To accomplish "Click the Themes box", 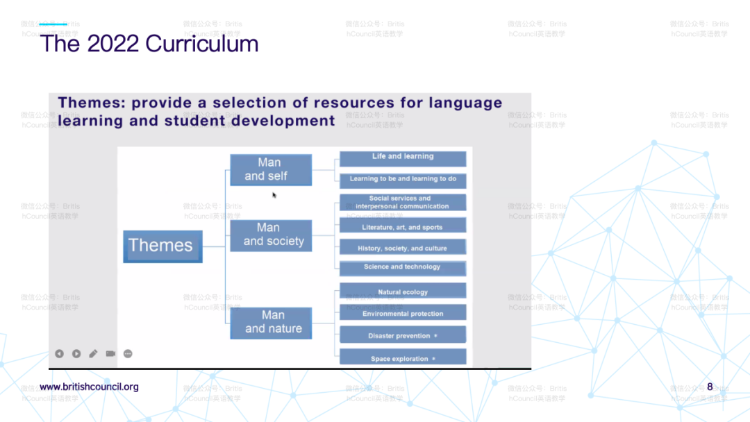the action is (x=162, y=246).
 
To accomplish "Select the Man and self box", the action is (x=270, y=170).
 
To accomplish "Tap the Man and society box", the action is (x=271, y=235).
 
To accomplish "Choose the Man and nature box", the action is (x=271, y=323).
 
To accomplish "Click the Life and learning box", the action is (x=403, y=158).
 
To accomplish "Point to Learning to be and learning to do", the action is (x=403, y=180).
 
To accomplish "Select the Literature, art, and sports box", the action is (x=403, y=226).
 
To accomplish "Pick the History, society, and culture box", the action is (x=403, y=248).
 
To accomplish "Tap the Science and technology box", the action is (x=403, y=268).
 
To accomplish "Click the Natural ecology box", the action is (x=403, y=292).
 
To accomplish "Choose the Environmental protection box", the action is (x=403, y=313).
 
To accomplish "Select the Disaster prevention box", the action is (x=403, y=335).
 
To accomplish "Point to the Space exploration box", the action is (x=403, y=358).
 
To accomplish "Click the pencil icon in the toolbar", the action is (x=93, y=354).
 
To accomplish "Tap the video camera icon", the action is (x=110, y=354).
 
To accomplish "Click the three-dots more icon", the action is (x=128, y=354).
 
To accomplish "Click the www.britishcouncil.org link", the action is (x=89, y=387).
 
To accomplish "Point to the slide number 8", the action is (x=710, y=387).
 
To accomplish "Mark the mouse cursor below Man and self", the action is (x=274, y=195).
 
